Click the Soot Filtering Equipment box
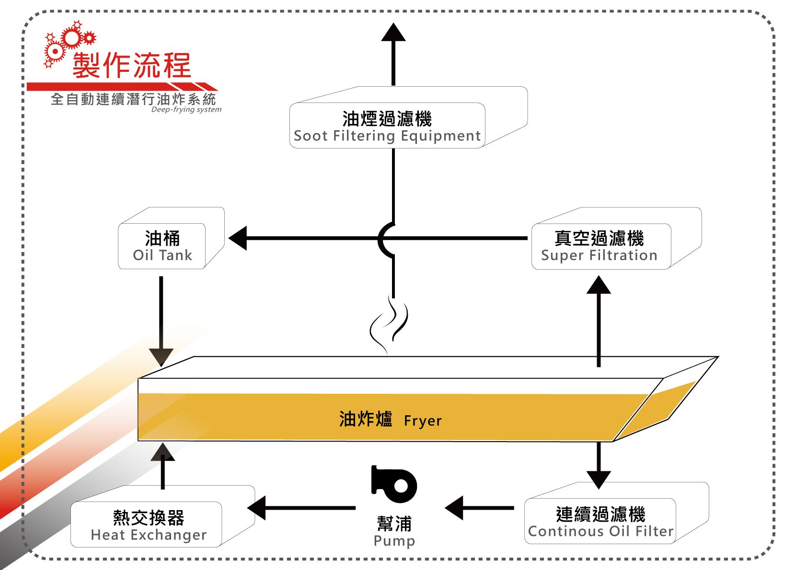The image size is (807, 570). point(387,125)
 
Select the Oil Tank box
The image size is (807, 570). point(162,246)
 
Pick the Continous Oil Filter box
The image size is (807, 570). point(600,521)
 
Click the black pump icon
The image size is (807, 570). point(394,484)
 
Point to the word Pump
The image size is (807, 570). point(394,541)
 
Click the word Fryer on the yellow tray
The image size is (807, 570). point(423,421)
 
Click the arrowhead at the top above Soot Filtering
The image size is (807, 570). point(393,32)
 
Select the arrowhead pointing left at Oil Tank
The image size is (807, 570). point(238,238)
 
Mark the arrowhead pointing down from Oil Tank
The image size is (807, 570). point(161,357)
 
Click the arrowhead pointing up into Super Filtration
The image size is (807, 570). point(599,285)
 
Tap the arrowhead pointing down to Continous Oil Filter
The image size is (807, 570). point(599,479)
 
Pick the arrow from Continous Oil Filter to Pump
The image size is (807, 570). point(479,508)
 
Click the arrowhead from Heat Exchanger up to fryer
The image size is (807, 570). point(162,452)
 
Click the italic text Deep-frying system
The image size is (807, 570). point(186,110)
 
